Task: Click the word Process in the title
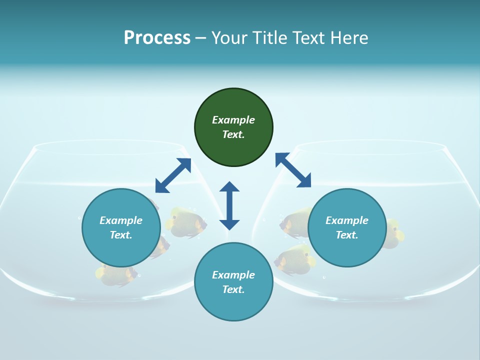157,37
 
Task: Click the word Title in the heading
269,37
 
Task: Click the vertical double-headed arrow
229,205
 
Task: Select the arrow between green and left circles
173,175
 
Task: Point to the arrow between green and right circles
293,170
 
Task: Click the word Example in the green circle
233,120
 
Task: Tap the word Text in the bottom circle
232,289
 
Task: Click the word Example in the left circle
121,220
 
